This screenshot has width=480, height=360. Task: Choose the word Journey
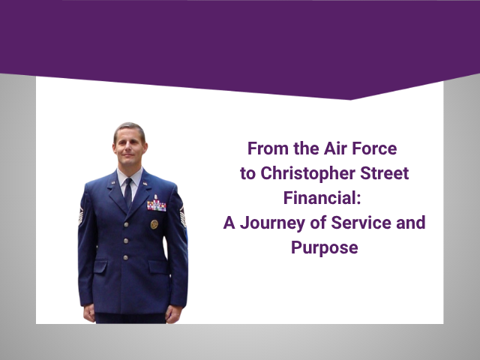pyautogui.click(x=268, y=223)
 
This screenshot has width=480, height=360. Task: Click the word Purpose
pyautogui.click(x=324, y=247)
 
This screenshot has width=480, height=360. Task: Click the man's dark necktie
pyautogui.click(x=128, y=193)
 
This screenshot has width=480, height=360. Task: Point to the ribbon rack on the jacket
pyautogui.click(x=157, y=205)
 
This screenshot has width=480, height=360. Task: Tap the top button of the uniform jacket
pyautogui.click(x=127, y=223)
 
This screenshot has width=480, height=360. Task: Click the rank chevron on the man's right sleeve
pyautogui.click(x=82, y=217)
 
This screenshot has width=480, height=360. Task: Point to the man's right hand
pyautogui.click(x=89, y=311)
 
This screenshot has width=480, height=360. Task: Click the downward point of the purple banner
pyautogui.click(x=350, y=99)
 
